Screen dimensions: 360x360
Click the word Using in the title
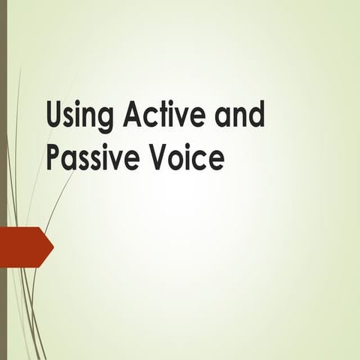[x=79, y=117]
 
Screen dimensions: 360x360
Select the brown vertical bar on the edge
[x=3, y=180]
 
